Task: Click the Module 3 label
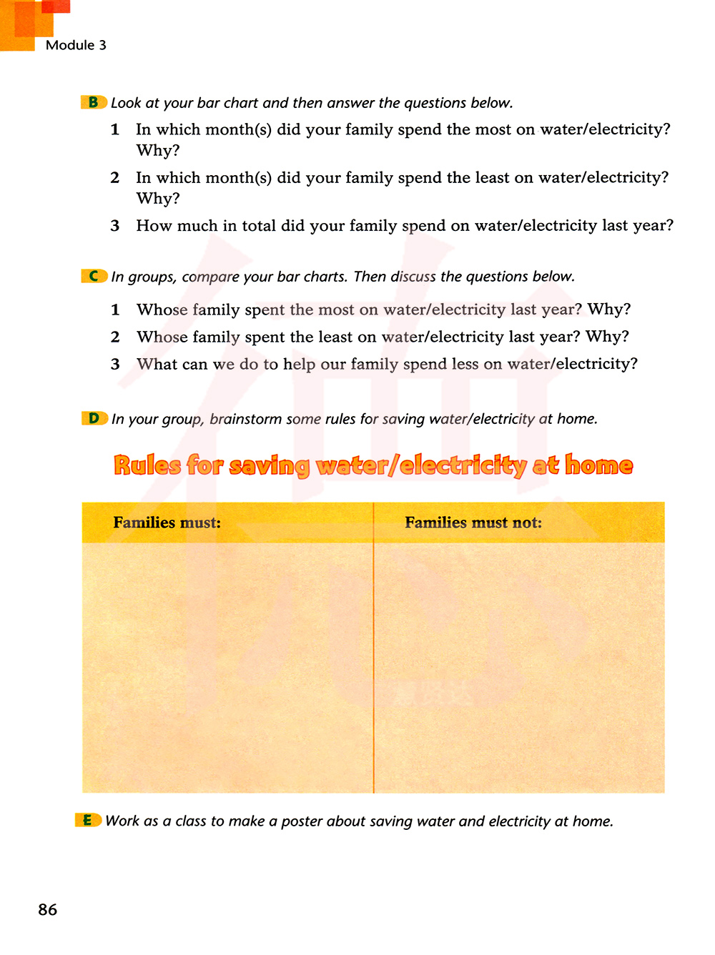[x=76, y=45]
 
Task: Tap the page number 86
[x=48, y=909]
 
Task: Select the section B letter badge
[x=94, y=102]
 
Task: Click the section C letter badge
[x=94, y=276]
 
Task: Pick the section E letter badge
[x=88, y=820]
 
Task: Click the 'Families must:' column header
[x=167, y=523]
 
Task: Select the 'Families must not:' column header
[x=473, y=523]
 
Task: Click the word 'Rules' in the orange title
[x=147, y=465]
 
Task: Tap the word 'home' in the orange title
[x=599, y=465]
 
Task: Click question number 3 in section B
[x=115, y=226]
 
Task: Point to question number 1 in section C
[x=115, y=310]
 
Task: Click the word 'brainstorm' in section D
[x=245, y=419]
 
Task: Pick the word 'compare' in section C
[x=211, y=277]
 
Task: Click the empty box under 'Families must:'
[x=227, y=667]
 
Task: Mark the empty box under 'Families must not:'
[x=519, y=667]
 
